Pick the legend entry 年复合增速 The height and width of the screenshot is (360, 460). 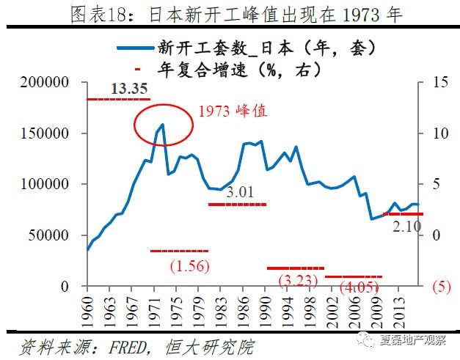[x=242, y=71]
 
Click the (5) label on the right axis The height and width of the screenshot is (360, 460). [x=441, y=286]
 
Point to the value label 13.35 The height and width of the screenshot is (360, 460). [x=125, y=89]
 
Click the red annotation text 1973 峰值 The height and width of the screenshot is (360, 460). [x=233, y=112]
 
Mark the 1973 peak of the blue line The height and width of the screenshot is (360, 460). [x=162, y=125]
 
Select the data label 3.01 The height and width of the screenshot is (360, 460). [x=241, y=193]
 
